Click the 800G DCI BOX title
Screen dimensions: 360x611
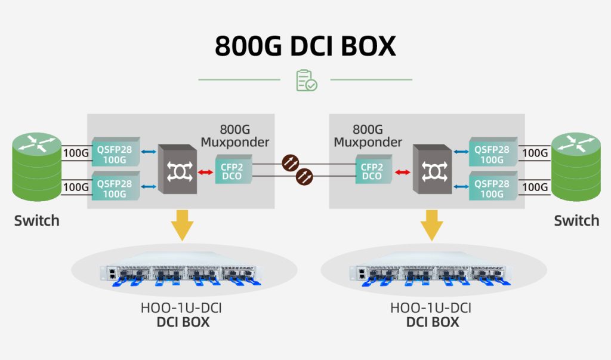305,47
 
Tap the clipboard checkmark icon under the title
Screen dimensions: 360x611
306,81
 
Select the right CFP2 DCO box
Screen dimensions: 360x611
372,169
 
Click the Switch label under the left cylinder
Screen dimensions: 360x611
37,220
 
